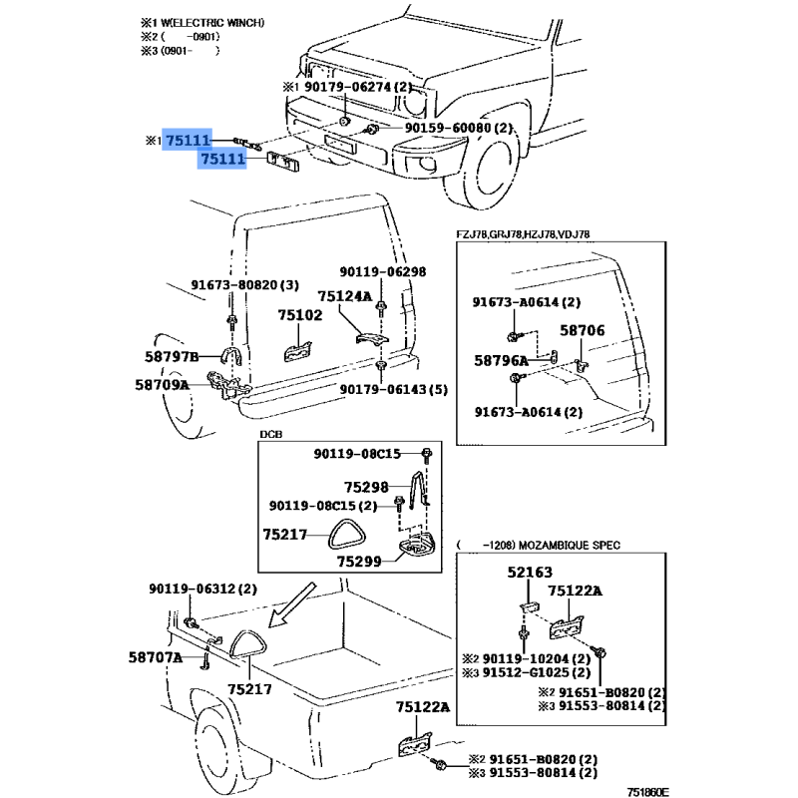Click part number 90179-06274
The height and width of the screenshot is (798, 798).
347,87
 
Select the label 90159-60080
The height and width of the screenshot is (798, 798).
448,129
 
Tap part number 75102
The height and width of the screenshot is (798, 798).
300,316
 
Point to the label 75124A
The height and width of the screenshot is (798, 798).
345,296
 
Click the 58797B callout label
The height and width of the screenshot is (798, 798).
167,357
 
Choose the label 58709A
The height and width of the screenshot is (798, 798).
162,383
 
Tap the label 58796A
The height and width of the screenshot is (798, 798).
501,359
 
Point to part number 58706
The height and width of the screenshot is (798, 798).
582,330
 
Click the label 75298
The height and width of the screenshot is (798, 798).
366,488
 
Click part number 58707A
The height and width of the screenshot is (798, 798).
155,657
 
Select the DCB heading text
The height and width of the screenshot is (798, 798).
270,435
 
